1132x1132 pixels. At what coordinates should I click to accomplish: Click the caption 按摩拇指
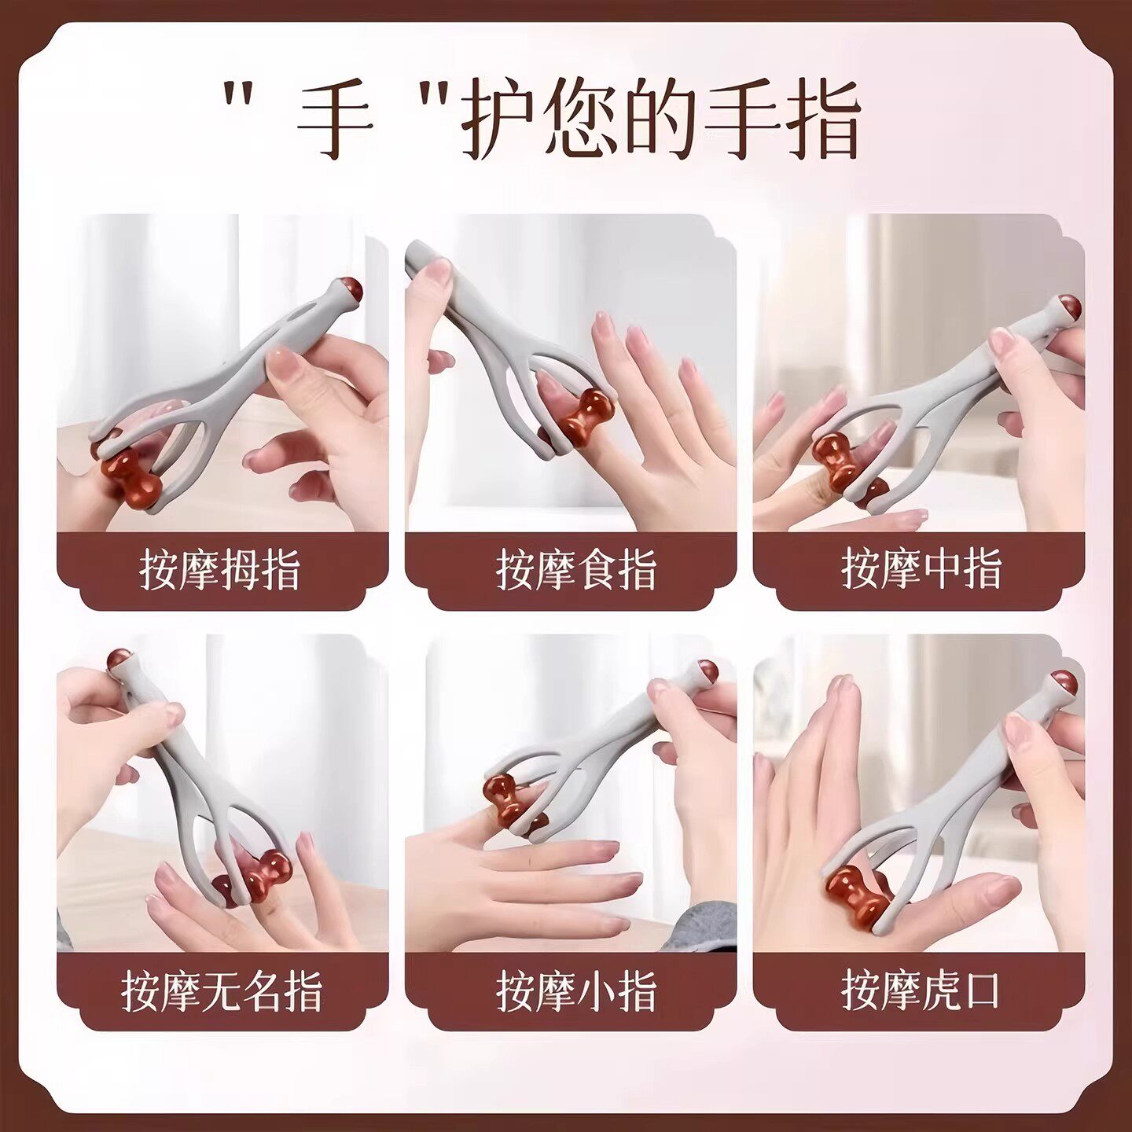(x=220, y=569)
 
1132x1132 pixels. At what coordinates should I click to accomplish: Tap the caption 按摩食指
(x=575, y=569)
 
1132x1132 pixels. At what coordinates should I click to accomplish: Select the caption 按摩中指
(x=921, y=568)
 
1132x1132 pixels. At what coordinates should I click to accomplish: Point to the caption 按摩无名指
(x=222, y=990)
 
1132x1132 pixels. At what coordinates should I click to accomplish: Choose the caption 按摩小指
(x=575, y=990)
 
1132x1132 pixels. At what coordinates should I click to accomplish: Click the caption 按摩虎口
(x=920, y=989)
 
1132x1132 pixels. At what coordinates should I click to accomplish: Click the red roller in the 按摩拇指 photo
(x=130, y=476)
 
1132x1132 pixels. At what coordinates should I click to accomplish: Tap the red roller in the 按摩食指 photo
(x=586, y=415)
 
